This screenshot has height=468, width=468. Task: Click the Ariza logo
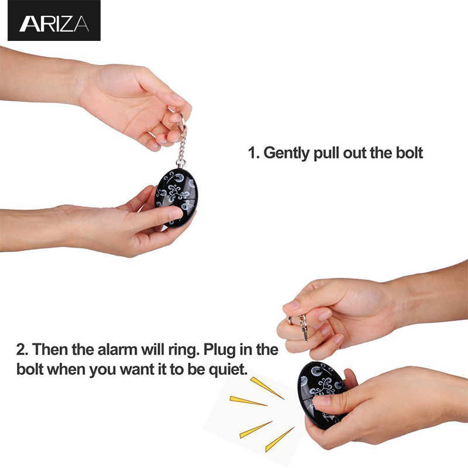click(x=54, y=20)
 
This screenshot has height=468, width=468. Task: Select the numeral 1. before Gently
click(x=254, y=153)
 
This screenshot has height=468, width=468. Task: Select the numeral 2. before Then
click(x=22, y=349)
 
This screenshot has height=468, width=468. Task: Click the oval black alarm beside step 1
click(x=177, y=198)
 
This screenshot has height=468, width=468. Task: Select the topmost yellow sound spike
click(x=267, y=387)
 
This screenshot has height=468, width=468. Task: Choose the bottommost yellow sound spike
click(x=280, y=439)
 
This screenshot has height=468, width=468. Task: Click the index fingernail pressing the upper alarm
click(x=176, y=212)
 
